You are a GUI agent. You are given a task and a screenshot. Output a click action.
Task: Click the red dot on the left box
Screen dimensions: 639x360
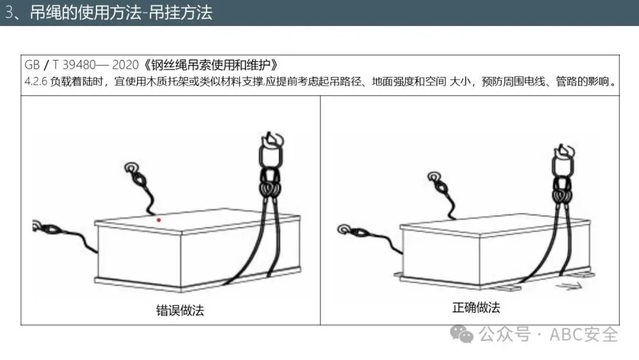tap(159, 220)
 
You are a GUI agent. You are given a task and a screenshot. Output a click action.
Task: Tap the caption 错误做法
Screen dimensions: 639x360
tap(180, 311)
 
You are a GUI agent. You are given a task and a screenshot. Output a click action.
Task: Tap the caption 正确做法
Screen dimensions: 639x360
tap(476, 307)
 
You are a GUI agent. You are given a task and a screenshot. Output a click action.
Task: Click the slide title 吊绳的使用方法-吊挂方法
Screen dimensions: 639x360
tap(121, 12)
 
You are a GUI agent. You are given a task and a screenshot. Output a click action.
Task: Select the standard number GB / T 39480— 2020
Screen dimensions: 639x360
tap(82, 65)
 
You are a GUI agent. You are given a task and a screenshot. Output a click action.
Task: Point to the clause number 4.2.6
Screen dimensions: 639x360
tap(36, 82)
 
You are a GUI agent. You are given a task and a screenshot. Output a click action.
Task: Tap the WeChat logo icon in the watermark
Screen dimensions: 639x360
tap(461, 334)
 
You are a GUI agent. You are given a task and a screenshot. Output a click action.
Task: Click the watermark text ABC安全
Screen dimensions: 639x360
tap(583, 335)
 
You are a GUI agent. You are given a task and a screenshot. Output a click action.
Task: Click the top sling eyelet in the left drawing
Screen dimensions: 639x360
tap(131, 168)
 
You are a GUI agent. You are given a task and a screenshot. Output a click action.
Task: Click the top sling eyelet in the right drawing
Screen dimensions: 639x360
tap(434, 177)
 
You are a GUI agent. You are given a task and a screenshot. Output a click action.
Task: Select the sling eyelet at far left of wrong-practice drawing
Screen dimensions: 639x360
tap(37, 226)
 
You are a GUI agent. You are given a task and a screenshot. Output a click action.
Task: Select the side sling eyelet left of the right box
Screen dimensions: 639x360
tap(344, 229)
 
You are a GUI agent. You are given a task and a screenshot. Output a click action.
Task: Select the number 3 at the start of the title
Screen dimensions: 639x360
tap(9, 12)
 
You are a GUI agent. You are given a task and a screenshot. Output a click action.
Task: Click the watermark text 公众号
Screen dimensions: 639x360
tap(505, 335)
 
